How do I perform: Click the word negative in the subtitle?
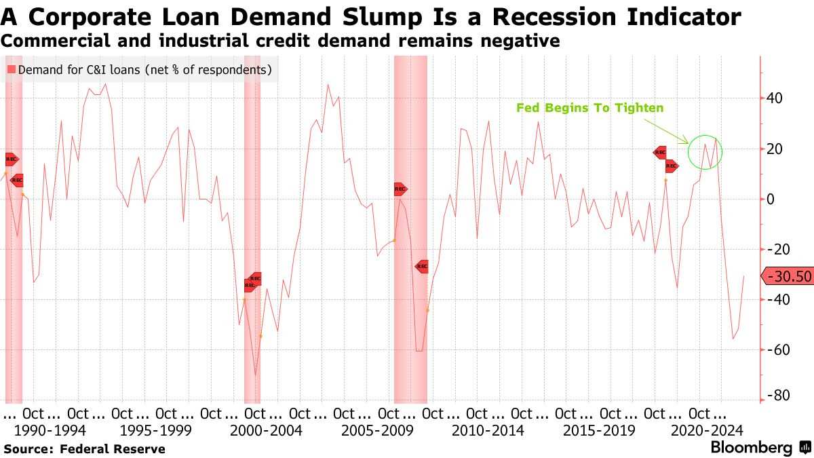[x=520, y=41]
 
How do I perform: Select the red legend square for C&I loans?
[x=11, y=70]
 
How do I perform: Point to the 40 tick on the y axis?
[x=775, y=98]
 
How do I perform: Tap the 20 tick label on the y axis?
[x=775, y=149]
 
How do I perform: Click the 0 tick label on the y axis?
[x=771, y=199]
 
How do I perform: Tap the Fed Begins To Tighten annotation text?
[x=589, y=108]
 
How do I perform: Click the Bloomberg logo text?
[x=751, y=448]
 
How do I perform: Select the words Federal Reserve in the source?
[x=113, y=449]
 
